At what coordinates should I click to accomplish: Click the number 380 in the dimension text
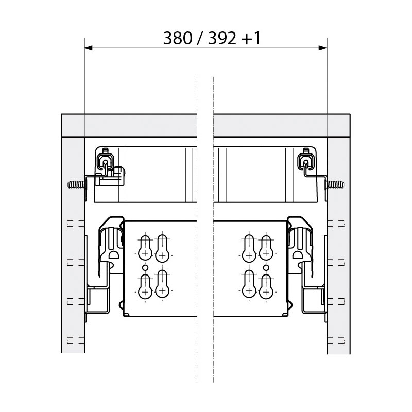(178, 38)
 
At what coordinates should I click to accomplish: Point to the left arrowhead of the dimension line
(89, 48)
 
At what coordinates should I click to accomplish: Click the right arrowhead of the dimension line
(323, 48)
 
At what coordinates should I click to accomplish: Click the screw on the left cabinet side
(76, 184)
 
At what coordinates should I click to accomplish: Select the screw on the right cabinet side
(335, 184)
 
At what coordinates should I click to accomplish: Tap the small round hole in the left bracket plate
(145, 268)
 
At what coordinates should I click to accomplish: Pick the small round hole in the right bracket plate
(266, 268)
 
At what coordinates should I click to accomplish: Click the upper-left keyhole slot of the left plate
(145, 248)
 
